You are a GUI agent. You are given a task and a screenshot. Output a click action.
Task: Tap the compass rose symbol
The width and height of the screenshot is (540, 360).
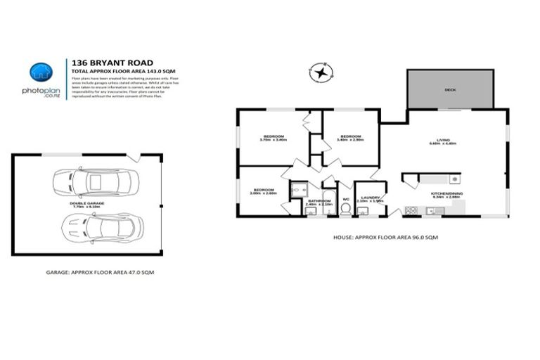[x=321, y=72]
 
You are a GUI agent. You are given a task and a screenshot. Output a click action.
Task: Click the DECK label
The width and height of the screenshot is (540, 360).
[x=449, y=90]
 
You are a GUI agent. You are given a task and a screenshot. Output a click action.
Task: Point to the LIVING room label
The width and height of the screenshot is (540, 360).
[x=443, y=141]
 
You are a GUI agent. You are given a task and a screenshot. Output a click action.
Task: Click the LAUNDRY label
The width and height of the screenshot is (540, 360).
[x=368, y=199]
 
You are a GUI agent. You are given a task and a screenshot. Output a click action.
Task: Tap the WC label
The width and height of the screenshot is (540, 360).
[x=345, y=199]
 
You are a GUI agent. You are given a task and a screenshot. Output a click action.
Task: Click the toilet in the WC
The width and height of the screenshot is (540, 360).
[x=345, y=209]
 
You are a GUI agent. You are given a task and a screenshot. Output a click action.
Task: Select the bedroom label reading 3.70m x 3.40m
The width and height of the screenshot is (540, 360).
[x=274, y=138]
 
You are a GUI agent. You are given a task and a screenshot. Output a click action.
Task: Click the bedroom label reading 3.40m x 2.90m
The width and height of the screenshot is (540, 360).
[x=350, y=138]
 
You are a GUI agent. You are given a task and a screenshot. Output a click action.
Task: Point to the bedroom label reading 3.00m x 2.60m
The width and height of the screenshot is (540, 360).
[x=263, y=191]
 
